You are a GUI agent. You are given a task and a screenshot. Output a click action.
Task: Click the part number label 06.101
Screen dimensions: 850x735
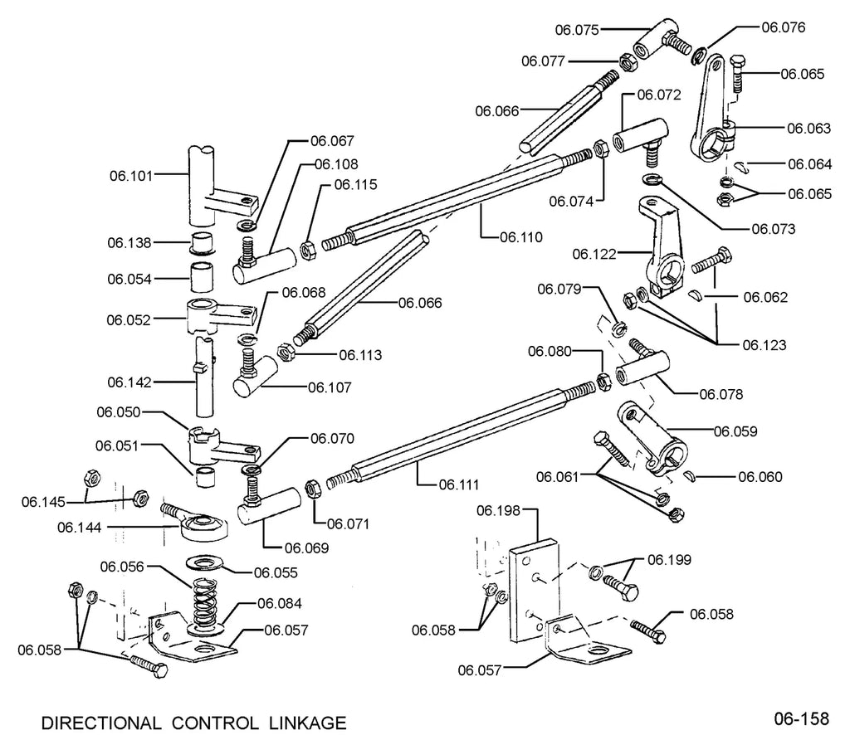[x=131, y=176]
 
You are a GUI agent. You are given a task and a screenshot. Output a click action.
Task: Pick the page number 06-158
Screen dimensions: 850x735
[x=801, y=718]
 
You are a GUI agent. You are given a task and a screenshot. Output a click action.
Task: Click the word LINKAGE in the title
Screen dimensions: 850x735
[x=307, y=723]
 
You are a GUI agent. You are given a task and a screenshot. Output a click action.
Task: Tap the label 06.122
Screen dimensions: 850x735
[x=594, y=254]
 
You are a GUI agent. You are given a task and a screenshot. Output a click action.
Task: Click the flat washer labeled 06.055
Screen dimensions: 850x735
[x=207, y=562]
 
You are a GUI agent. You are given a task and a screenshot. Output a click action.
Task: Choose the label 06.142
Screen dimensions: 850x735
[x=129, y=382]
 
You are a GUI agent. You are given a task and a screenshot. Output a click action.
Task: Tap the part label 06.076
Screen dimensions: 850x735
[x=784, y=27]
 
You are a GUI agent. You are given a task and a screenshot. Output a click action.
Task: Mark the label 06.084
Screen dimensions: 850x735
[x=279, y=603]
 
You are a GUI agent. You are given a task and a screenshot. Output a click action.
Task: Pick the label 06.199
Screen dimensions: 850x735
[x=670, y=559]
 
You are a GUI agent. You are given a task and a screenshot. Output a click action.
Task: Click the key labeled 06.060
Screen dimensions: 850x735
[x=690, y=476]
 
